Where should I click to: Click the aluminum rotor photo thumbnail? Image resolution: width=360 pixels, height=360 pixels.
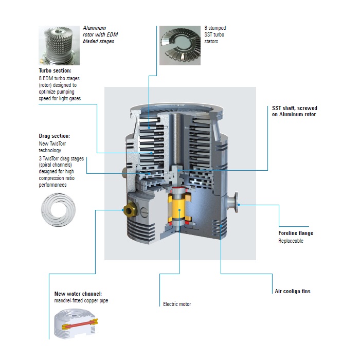[59, 45]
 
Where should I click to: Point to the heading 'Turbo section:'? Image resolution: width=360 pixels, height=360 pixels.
[55, 70]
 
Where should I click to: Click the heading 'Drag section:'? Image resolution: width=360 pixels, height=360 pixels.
[55, 136]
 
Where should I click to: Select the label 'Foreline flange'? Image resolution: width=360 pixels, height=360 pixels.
[296, 233]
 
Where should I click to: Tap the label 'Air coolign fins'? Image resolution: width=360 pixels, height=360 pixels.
[292, 291]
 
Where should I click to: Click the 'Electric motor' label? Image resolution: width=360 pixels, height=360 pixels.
[177, 304]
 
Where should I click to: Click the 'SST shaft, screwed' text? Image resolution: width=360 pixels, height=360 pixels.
[295, 108]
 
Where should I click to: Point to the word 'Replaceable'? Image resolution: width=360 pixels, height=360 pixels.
[291, 241]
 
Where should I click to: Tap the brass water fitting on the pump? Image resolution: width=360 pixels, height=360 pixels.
[129, 210]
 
